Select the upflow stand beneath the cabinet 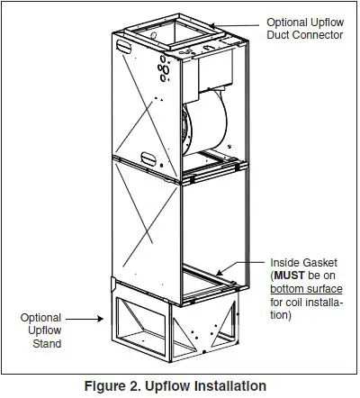[171, 324]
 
